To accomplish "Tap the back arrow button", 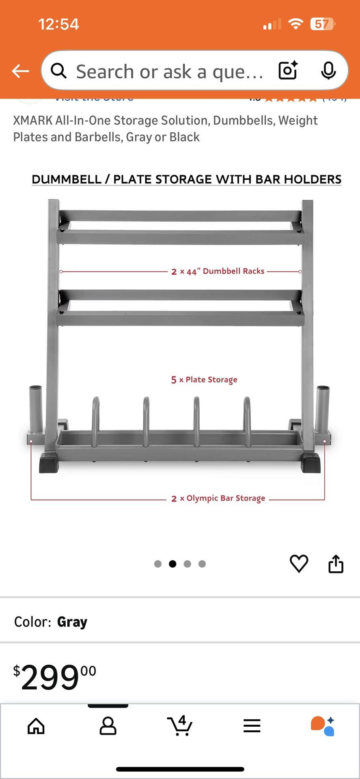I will tap(20, 71).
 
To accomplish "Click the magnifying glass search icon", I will tap(59, 71).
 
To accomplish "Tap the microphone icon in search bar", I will tap(328, 71).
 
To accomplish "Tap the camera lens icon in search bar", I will tap(288, 71).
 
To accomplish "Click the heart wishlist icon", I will tap(299, 564).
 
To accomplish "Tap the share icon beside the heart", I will tap(336, 564).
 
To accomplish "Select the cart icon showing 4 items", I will tap(179, 725).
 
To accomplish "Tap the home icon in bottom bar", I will tap(36, 726).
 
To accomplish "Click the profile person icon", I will tap(108, 726).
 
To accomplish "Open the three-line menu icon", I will tap(252, 726).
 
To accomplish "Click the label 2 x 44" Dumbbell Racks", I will tap(218, 271).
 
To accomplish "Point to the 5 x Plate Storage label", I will tap(204, 380).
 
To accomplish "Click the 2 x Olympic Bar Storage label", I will tap(218, 498).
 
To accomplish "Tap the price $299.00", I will tap(55, 677).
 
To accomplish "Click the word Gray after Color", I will tap(72, 622).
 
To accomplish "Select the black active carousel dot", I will tap(172, 564).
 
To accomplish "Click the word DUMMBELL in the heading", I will tap(67, 179).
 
